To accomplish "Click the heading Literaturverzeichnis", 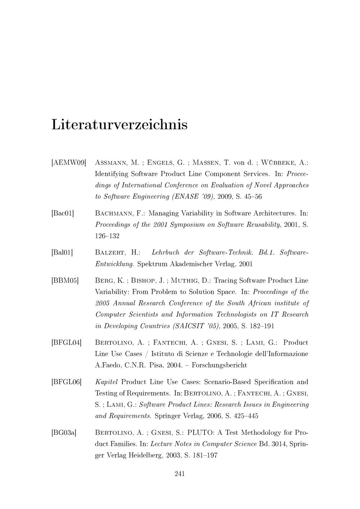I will point(120,125).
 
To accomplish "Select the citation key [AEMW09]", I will point(69,163).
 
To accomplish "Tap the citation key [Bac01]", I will point(63,213).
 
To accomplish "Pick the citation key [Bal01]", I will point(62,253).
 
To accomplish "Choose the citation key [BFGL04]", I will point(67,343).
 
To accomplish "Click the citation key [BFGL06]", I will point(67,382).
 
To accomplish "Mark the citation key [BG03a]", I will point(64,433).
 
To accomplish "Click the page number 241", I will point(180,474).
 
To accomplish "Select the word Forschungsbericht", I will point(219,365).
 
